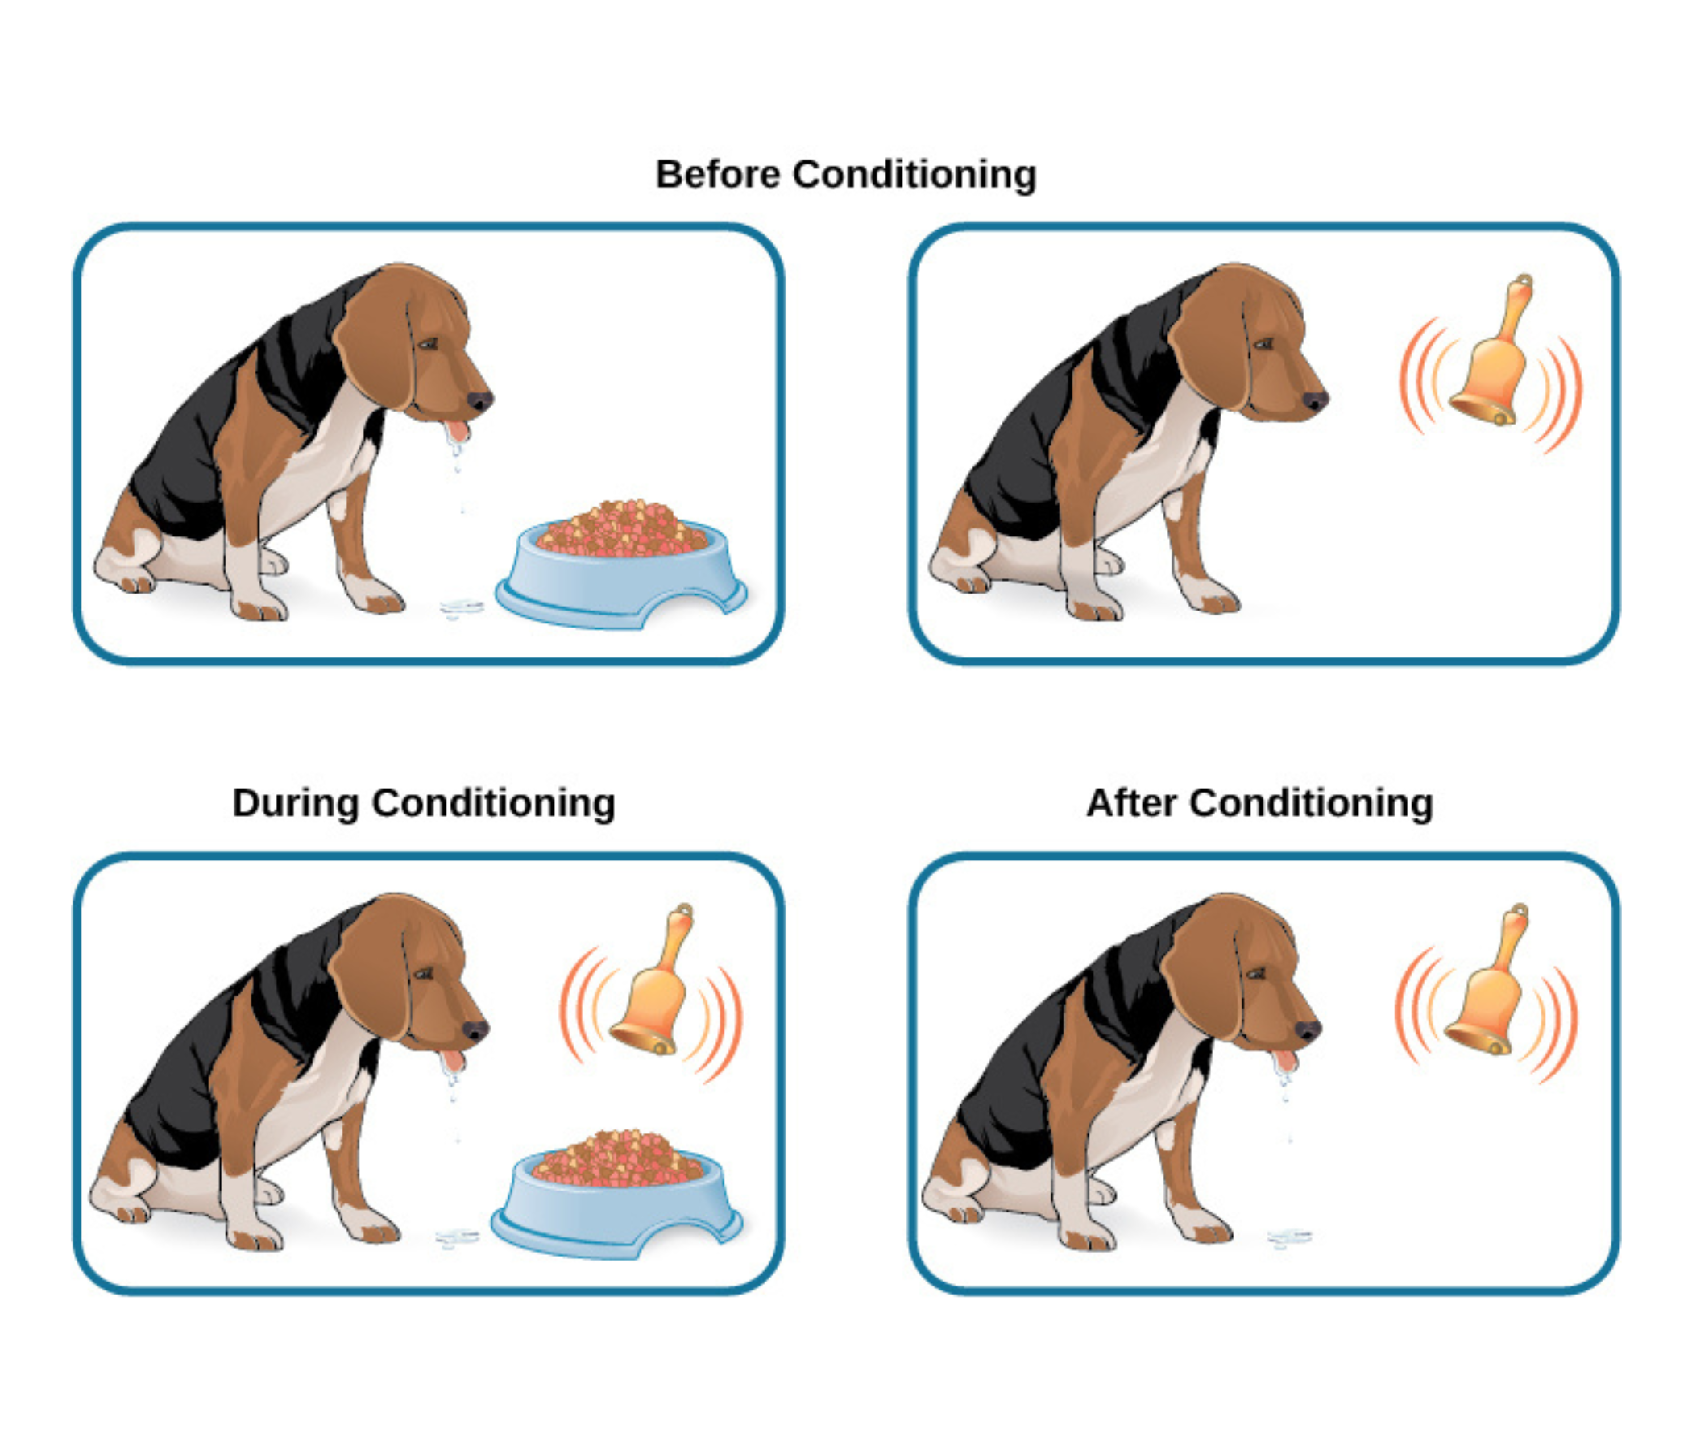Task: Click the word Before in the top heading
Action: pyautogui.click(x=718, y=175)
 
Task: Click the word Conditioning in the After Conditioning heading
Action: pyautogui.click(x=1311, y=802)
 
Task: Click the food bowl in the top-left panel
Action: pyautogui.click(x=620, y=571)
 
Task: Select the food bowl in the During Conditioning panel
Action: pyautogui.click(x=616, y=1200)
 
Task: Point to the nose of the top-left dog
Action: pyautogui.click(x=479, y=401)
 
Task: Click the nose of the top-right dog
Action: pyautogui.click(x=1314, y=401)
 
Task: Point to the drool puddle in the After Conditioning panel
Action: pyautogui.click(x=1289, y=1237)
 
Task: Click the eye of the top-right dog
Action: pyautogui.click(x=1263, y=344)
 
